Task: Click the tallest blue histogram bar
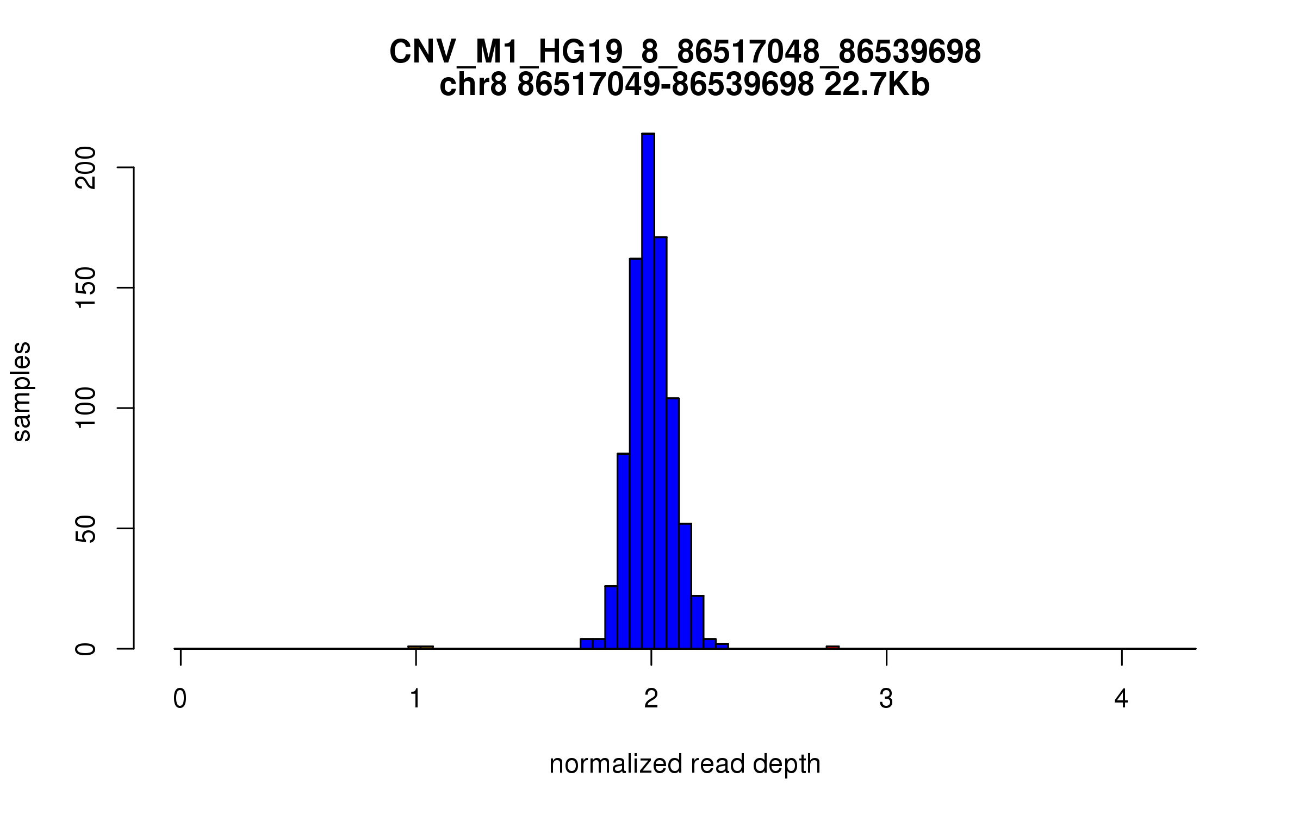click(648, 391)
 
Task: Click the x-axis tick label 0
click(180, 699)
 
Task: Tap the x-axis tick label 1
click(415, 699)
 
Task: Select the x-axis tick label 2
click(651, 699)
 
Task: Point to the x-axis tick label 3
click(886, 699)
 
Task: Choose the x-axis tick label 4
click(1121, 699)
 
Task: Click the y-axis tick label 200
click(86, 168)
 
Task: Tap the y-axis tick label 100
click(86, 408)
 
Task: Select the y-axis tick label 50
click(86, 528)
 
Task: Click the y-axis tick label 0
click(86, 648)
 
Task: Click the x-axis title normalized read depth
click(685, 764)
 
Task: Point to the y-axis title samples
click(22, 391)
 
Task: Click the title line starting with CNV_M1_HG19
click(685, 53)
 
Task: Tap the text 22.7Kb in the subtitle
click(877, 85)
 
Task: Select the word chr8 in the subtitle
click(473, 85)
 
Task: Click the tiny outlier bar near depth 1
click(420, 647)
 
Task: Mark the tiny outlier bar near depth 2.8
click(832, 647)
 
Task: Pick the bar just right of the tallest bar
click(660, 443)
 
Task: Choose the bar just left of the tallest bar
click(636, 454)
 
